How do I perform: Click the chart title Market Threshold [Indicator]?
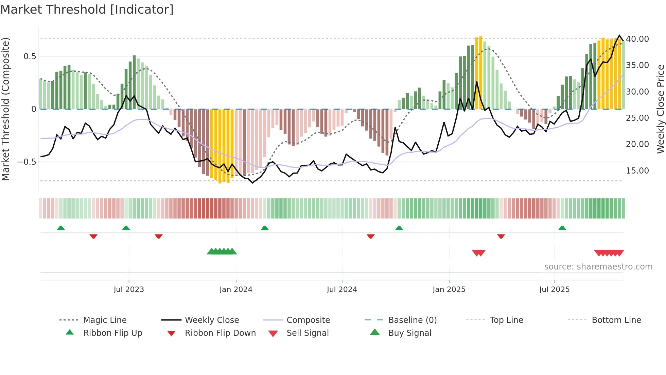[87, 10]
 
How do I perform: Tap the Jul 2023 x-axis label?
[129, 290]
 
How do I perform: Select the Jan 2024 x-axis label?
[236, 290]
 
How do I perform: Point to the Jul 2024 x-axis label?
[342, 290]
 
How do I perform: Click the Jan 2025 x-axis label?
[449, 290]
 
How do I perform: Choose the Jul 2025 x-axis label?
[554, 290]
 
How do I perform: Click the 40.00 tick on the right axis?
[637, 39]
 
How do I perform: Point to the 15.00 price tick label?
[637, 171]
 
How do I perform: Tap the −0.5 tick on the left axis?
[27, 162]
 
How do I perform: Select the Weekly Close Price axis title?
[660, 109]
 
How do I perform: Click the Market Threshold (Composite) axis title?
[5, 109]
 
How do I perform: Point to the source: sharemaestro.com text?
[598, 267]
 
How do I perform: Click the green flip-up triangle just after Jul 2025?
[562, 228]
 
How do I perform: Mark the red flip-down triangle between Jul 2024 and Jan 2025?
[371, 236]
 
